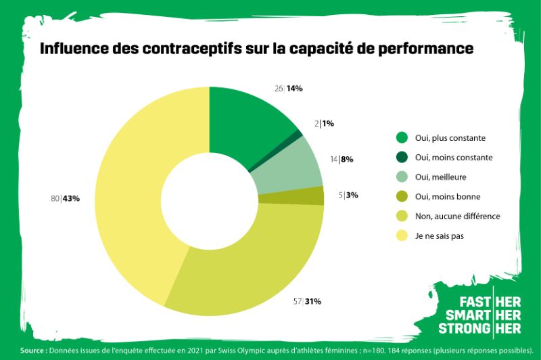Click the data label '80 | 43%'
pyautogui.click(x=66, y=198)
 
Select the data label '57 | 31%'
pyautogui.click(x=307, y=301)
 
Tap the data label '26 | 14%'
pyautogui.click(x=288, y=89)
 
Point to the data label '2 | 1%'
pyautogui.click(x=325, y=124)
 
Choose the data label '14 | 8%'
pyautogui.click(x=342, y=160)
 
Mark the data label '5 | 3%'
pyautogui.click(x=348, y=196)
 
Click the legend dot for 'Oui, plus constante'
pyautogui.click(x=402, y=138)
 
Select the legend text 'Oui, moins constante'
pyautogui.click(x=454, y=158)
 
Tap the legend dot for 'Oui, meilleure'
pyautogui.click(x=402, y=177)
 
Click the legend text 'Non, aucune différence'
pyautogui.click(x=457, y=217)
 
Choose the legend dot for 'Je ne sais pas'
pyautogui.click(x=402, y=236)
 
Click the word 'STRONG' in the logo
pyautogui.click(x=465, y=328)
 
